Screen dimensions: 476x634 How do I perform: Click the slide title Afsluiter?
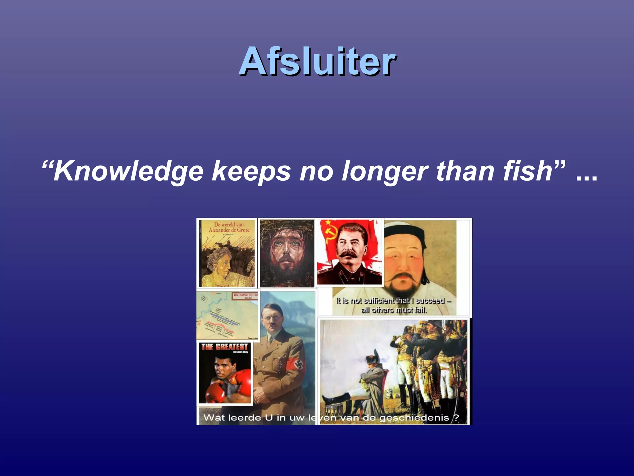click(x=317, y=61)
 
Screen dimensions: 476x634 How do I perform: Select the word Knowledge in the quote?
click(x=128, y=171)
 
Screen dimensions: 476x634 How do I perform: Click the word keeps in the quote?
click(x=251, y=171)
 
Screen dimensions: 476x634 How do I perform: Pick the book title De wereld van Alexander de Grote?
click(x=229, y=227)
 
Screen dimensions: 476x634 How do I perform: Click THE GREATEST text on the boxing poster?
click(x=225, y=347)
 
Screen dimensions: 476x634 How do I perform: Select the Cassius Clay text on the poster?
click(x=241, y=352)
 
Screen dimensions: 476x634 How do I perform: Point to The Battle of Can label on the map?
click(x=245, y=295)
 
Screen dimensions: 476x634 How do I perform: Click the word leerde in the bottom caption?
click(x=244, y=418)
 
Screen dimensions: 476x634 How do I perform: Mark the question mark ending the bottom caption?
click(x=456, y=418)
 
